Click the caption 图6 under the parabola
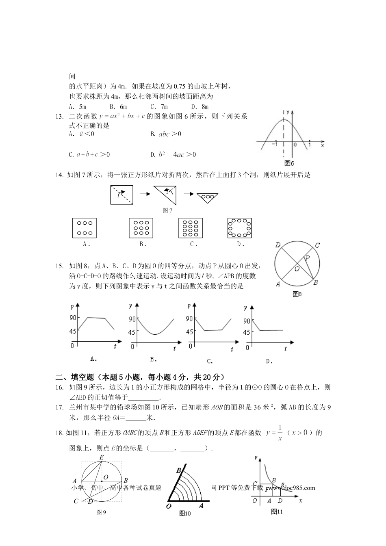289,163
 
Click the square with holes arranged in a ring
239,228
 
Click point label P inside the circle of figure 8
308,258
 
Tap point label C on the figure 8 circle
317,245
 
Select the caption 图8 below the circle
297,294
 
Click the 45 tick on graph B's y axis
132,332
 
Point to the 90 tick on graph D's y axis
247,321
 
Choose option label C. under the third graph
210,361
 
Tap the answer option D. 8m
200,106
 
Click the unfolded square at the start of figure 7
121,195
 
